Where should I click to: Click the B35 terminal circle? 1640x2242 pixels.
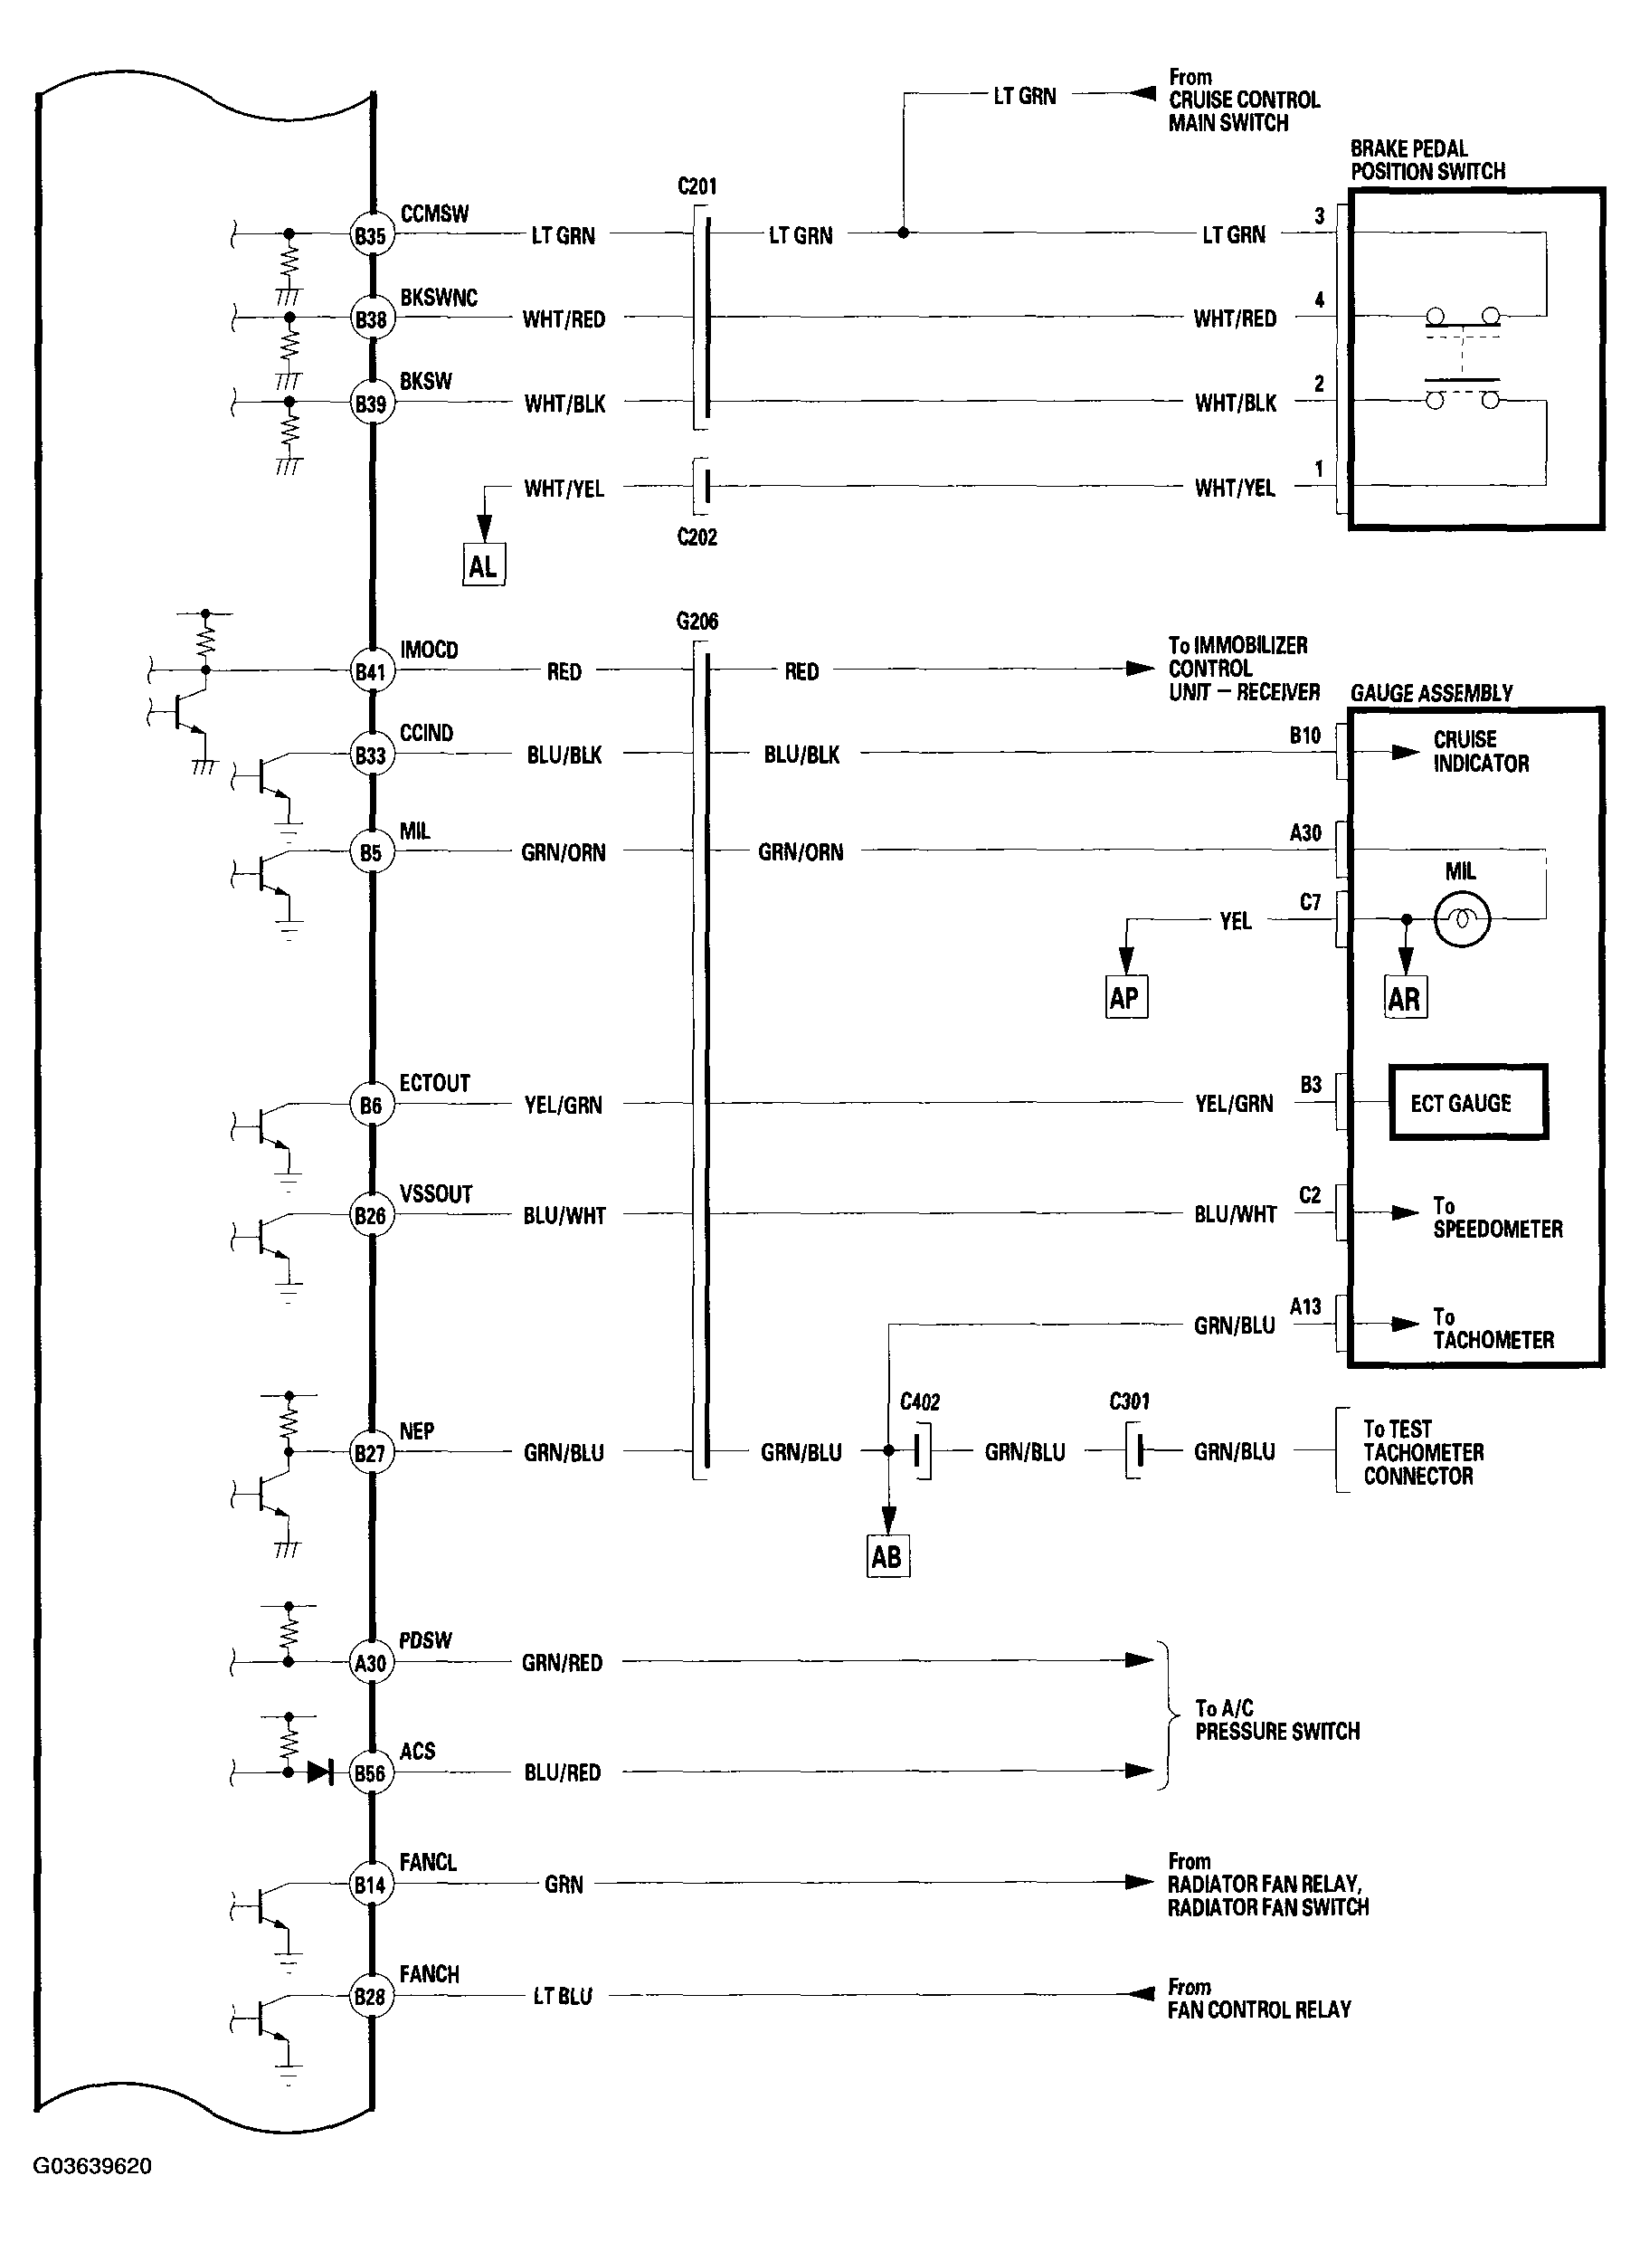click(370, 235)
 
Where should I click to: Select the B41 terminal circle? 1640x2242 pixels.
click(370, 671)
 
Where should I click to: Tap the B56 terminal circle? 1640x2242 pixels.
click(370, 1773)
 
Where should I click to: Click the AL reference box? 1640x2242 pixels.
click(483, 566)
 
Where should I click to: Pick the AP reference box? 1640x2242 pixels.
click(1126, 997)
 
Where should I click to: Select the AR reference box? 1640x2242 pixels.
click(1405, 998)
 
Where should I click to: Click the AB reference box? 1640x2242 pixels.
click(887, 1556)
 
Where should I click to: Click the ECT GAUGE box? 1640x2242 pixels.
click(1467, 1102)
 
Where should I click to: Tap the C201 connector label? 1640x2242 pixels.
click(697, 185)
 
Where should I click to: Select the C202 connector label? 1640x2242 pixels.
click(697, 537)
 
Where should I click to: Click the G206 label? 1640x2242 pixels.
click(697, 622)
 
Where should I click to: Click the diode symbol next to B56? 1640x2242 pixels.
click(319, 1772)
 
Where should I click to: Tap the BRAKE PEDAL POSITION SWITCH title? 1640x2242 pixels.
click(1427, 160)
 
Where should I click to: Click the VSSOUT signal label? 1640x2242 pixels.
click(436, 1193)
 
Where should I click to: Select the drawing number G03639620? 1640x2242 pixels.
click(92, 2164)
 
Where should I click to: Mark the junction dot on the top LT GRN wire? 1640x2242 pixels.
click(903, 233)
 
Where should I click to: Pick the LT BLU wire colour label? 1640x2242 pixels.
click(563, 1996)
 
